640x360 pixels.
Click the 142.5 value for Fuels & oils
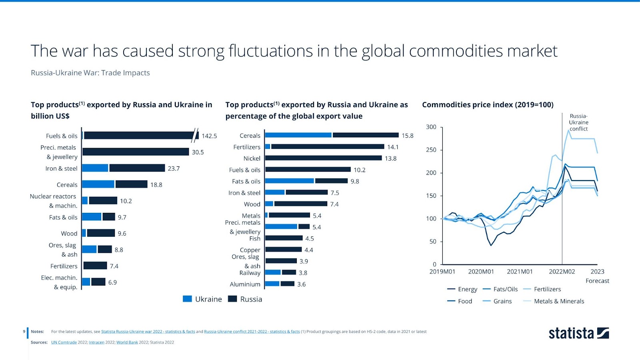pyautogui.click(x=209, y=136)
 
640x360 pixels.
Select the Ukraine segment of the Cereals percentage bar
pyautogui.click(x=298, y=135)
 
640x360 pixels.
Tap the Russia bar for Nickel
pyautogui.click(x=323, y=158)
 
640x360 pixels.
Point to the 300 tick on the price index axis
pyautogui.click(x=431, y=127)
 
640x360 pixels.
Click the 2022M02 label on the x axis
pyautogui.click(x=562, y=272)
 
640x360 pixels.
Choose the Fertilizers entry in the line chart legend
pyautogui.click(x=547, y=289)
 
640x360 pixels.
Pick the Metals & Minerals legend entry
pyautogui.click(x=558, y=301)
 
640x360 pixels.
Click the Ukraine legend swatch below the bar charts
pyautogui.click(x=187, y=299)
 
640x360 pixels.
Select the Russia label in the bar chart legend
pyautogui.click(x=251, y=299)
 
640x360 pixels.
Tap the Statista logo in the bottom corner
pyautogui.click(x=578, y=333)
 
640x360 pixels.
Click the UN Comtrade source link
pyautogui.click(x=64, y=342)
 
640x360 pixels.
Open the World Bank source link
pyautogui.click(x=127, y=342)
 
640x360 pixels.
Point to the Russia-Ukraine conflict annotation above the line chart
pyautogui.click(x=578, y=122)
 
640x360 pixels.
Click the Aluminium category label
pyautogui.click(x=245, y=284)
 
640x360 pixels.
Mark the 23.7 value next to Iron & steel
pyautogui.click(x=174, y=168)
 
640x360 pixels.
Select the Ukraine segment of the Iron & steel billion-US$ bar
pyautogui.click(x=95, y=168)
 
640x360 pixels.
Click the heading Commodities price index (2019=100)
pyautogui.click(x=488, y=105)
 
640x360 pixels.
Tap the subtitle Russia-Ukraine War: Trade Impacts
pyautogui.click(x=90, y=73)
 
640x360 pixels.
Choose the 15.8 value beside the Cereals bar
pyautogui.click(x=407, y=136)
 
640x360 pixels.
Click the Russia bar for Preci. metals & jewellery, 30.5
pyautogui.click(x=136, y=152)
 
